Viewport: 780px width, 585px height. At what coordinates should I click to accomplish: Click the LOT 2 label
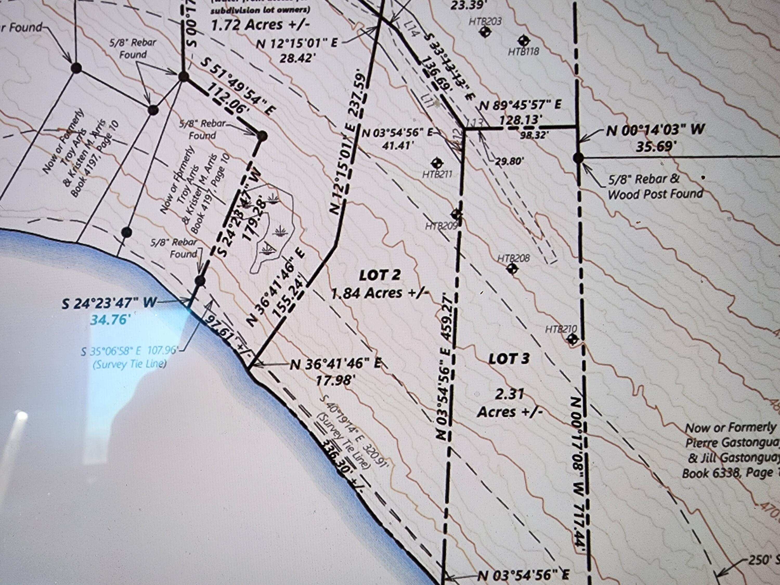[380, 275]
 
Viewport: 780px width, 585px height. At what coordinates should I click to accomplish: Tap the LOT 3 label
[509, 359]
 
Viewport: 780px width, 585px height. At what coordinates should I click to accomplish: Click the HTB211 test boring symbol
[438, 163]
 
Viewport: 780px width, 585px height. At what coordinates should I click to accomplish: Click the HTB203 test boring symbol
[485, 32]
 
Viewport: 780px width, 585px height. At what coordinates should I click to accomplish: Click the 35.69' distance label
[653, 146]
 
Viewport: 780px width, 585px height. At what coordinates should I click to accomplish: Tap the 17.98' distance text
[334, 381]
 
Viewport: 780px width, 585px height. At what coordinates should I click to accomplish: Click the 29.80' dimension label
[510, 161]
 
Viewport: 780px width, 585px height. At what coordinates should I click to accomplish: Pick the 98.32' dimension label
[534, 135]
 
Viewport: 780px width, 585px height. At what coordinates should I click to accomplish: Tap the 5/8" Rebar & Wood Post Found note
[655, 186]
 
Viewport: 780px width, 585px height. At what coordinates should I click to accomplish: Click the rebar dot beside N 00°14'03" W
[578, 158]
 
